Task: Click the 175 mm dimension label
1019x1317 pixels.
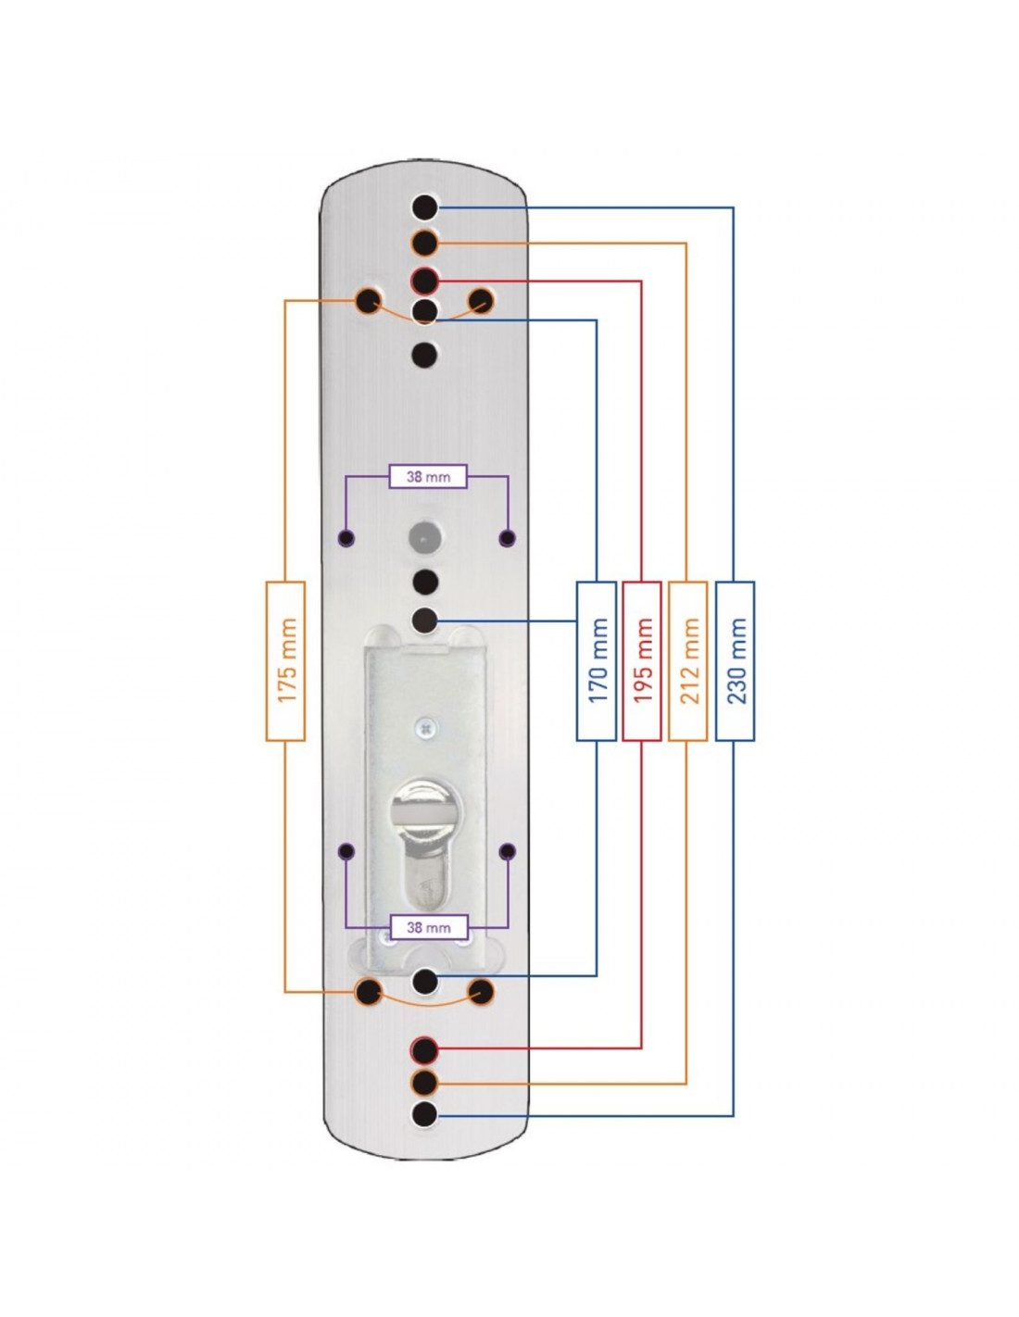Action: pos(285,660)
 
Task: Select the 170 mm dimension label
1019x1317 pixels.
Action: pos(597,660)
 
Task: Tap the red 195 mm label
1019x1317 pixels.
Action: pos(641,660)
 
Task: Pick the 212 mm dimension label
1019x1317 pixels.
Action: pos(687,660)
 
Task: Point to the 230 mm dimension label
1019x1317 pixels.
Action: pos(735,660)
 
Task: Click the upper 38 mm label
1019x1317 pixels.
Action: pos(428,476)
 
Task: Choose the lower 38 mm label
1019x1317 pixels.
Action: pos(428,927)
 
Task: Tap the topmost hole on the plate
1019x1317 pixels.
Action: pos(424,207)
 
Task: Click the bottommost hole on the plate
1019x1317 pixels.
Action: pos(424,1114)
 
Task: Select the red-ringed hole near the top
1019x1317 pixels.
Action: pos(424,282)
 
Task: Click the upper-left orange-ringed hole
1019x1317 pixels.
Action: pos(368,301)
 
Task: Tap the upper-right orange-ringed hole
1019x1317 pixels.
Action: pos(482,301)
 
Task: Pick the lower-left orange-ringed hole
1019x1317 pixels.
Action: pos(368,992)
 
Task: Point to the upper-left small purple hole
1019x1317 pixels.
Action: pos(346,537)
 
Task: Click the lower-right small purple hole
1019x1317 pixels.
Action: pos(508,851)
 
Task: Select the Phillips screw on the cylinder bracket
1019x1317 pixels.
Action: pos(425,727)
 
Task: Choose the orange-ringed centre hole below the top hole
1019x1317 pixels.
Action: pos(424,244)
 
